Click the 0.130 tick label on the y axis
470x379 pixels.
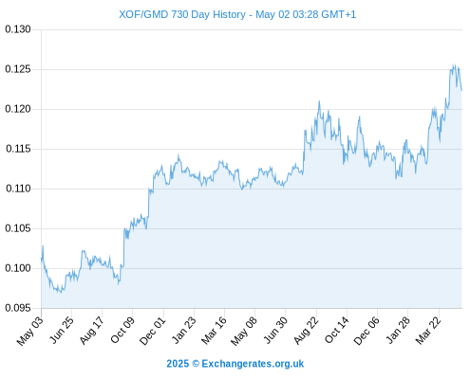18,29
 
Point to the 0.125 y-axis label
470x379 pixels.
18,69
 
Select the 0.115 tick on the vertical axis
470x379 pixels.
18,149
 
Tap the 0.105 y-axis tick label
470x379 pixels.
18,228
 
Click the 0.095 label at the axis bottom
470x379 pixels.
18,308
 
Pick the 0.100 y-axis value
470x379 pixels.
18,268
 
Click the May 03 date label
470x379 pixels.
30,331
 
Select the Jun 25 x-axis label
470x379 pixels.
62,330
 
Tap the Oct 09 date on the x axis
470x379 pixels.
122,330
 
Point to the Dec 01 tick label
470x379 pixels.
153,331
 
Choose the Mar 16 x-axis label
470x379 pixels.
214,331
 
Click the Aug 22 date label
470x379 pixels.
306,331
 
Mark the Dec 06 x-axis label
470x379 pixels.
367,331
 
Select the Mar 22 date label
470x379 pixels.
428,331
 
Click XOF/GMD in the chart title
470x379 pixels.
143,14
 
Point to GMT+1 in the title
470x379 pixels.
338,14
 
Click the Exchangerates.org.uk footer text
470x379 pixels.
253,364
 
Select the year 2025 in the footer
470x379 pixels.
178,364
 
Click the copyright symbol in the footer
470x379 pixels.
196,364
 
